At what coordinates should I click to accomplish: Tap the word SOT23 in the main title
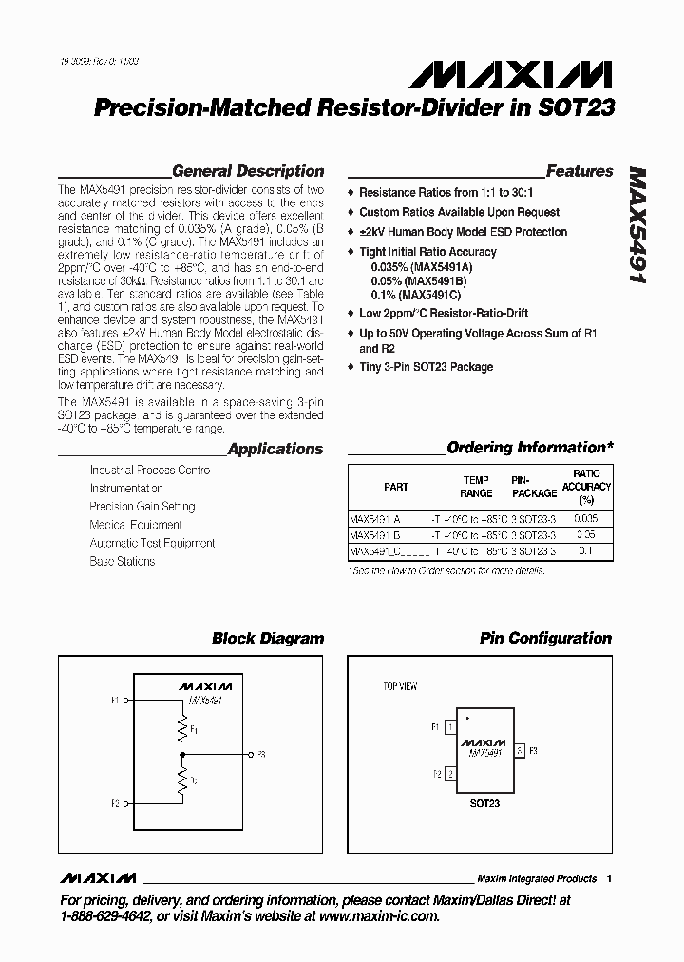click(580, 108)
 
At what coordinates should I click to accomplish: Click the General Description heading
click(248, 172)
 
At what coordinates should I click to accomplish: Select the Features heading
click(579, 172)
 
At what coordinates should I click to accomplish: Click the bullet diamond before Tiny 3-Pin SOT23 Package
click(351, 367)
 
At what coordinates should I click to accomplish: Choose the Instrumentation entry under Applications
click(126, 489)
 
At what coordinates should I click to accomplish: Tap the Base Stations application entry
click(122, 561)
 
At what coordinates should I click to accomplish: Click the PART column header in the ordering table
click(396, 487)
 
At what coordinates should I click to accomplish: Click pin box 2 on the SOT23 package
click(449, 774)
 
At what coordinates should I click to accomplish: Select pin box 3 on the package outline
click(519, 751)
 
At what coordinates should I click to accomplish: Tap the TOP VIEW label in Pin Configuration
click(400, 686)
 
